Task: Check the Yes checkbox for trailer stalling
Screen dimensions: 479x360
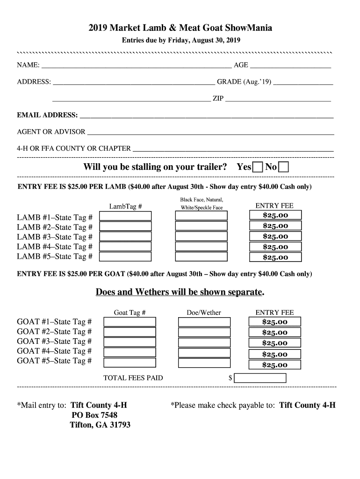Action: [x=258, y=167]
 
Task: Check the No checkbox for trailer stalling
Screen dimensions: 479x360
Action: [x=283, y=167]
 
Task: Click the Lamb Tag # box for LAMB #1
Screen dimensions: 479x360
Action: [x=125, y=216]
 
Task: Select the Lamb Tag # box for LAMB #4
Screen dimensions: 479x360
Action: [x=125, y=247]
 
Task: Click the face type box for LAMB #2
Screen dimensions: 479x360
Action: [x=201, y=226]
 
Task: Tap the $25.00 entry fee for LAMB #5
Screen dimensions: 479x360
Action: [x=275, y=257]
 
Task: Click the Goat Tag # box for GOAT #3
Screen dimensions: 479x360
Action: [x=130, y=342]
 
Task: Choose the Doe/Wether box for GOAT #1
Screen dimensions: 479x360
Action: [x=204, y=322]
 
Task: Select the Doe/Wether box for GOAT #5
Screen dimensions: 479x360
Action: [x=204, y=362]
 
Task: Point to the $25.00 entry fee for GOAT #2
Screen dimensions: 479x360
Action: [x=275, y=333]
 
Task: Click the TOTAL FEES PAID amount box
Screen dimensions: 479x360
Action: [x=259, y=377]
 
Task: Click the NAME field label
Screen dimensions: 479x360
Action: [x=28, y=65]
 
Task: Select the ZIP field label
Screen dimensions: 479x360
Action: [x=218, y=99]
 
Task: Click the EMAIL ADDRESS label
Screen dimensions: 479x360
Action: [x=47, y=115]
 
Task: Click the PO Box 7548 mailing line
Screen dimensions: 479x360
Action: [x=94, y=415]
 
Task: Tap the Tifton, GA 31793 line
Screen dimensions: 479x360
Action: [x=100, y=425]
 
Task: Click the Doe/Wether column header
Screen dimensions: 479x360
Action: [x=204, y=312]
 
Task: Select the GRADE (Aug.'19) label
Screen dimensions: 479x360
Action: [x=244, y=82]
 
